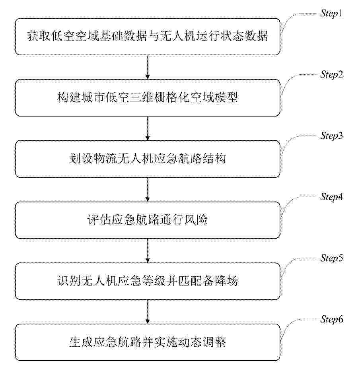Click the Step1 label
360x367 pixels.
click(331, 14)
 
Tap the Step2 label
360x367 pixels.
click(332, 75)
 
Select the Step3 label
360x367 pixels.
click(332, 136)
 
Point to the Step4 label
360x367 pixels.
click(332, 197)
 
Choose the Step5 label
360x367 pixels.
click(332, 258)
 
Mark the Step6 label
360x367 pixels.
click(332, 319)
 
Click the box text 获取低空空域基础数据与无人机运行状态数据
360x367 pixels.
click(148, 36)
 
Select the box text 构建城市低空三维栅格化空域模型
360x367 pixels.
click(148, 97)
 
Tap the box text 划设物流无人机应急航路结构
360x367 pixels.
click(148, 159)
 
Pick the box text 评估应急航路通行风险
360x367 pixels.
click(148, 219)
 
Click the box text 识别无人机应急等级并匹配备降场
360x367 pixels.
click(148, 281)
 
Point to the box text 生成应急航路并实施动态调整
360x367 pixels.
click(148, 342)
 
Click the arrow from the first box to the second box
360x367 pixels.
click(148, 67)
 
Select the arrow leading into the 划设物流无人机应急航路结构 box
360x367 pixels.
click(148, 128)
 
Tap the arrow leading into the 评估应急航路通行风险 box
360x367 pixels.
click(148, 189)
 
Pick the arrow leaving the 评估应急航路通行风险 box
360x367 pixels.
click(148, 250)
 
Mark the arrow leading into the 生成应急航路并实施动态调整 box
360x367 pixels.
click(148, 312)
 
